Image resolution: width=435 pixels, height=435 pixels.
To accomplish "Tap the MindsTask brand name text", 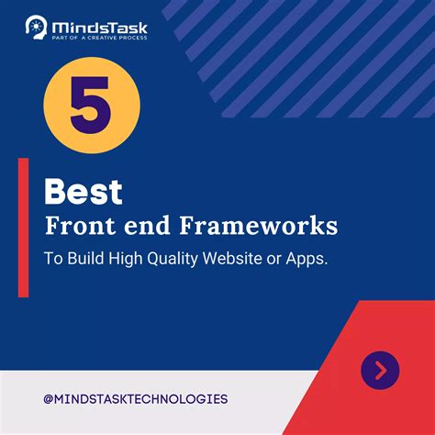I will click(x=96, y=24).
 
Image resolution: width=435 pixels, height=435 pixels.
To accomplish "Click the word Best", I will click(x=84, y=193).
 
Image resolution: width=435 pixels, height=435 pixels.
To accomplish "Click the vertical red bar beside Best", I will click(x=24, y=227).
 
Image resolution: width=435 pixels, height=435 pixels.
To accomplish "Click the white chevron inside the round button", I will click(x=380, y=370).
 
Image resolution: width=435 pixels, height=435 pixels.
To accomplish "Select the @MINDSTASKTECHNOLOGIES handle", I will click(x=136, y=398).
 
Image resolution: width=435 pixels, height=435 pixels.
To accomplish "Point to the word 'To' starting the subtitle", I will click(x=51, y=260).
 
